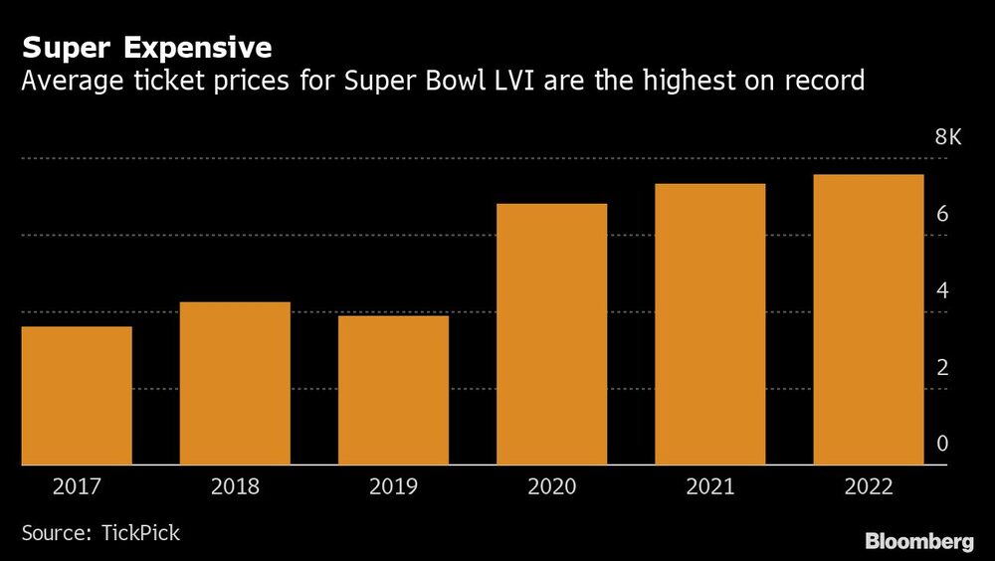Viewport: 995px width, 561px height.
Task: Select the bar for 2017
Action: tap(77, 396)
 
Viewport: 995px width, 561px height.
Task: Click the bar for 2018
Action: tap(235, 383)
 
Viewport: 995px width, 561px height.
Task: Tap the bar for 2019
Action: tap(393, 390)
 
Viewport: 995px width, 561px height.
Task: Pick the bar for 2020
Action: tap(551, 334)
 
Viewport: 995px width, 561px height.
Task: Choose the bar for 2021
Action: tap(709, 324)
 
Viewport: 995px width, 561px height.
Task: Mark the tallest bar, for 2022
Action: tap(868, 319)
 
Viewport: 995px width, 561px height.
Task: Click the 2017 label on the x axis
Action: tap(77, 487)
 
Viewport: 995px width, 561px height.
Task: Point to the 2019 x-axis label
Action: tap(393, 487)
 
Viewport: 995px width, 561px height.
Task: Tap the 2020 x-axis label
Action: tap(551, 487)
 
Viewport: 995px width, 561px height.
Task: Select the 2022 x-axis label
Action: tap(868, 487)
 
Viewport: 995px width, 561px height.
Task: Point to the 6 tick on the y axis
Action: tap(941, 215)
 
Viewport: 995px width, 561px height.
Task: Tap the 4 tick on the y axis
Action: tap(941, 291)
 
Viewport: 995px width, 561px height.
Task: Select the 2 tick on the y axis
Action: tap(941, 368)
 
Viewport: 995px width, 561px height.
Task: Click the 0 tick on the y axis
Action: tap(941, 445)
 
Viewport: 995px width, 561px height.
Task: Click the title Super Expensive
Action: tap(147, 48)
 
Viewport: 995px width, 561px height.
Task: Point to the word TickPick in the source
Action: tap(140, 533)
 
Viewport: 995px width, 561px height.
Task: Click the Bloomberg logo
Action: tap(918, 542)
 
